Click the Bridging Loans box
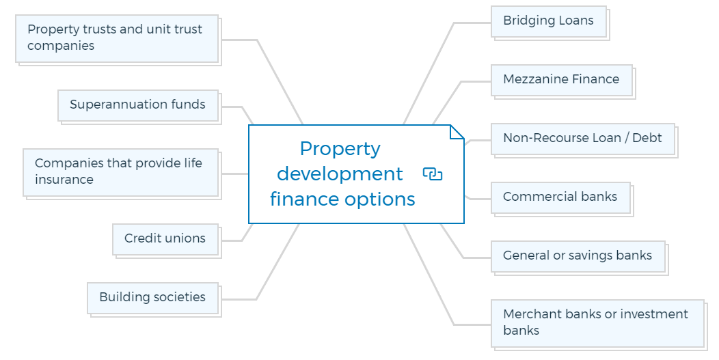click(x=549, y=21)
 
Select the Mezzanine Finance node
click(x=561, y=80)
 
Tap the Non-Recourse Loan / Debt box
click(x=582, y=139)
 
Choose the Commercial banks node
click(x=560, y=197)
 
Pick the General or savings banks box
click(x=578, y=256)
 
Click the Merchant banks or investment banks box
click(x=597, y=322)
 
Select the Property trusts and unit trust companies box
click(x=117, y=38)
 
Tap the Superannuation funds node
click(x=138, y=105)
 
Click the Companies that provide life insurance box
click(x=120, y=172)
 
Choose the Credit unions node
click(x=165, y=239)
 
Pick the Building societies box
click(x=152, y=298)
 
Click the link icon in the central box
click(x=433, y=174)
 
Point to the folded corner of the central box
click(x=457, y=132)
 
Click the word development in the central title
click(x=340, y=174)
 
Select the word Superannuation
click(x=109, y=105)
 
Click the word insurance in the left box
click(x=64, y=180)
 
